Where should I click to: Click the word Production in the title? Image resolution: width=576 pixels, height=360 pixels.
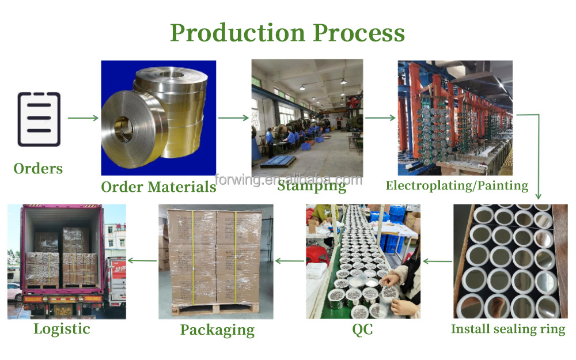[238, 33]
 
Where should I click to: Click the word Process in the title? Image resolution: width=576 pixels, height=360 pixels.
[359, 33]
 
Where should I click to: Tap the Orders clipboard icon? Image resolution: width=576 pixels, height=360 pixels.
[39, 119]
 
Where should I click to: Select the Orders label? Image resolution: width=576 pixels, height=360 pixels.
[38, 168]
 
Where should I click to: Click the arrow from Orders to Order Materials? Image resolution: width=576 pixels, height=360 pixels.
[83, 118]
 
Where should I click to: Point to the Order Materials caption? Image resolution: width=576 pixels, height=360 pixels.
[158, 187]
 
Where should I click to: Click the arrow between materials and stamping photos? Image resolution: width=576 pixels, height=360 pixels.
[233, 118]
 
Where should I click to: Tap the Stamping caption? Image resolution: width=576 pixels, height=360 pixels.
[312, 186]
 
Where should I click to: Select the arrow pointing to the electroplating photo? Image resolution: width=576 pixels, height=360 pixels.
[380, 118]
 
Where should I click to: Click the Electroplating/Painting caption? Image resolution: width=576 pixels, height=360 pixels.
[457, 185]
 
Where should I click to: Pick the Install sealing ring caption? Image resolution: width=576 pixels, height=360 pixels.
[508, 329]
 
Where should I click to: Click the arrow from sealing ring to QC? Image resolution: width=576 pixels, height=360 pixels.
[438, 261]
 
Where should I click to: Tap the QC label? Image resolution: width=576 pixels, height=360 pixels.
[362, 329]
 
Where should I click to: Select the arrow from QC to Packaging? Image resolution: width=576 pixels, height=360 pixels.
[290, 261]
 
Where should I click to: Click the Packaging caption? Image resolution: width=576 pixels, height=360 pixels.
[217, 330]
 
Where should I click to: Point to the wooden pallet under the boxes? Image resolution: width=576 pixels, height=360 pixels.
[216, 310]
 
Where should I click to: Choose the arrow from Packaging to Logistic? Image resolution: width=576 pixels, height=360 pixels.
[142, 261]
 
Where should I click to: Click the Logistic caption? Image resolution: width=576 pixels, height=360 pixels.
[62, 329]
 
